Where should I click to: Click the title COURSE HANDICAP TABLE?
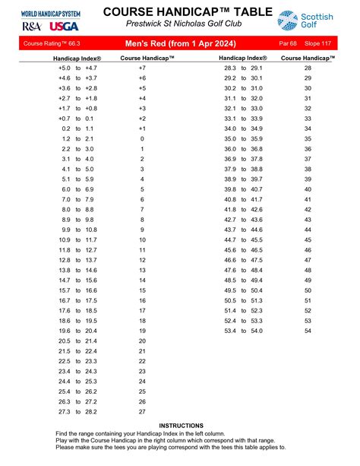click(x=179, y=11)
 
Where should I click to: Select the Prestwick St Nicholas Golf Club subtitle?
click(x=179, y=26)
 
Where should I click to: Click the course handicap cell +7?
click(x=142, y=68)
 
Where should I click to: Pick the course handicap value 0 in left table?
click(x=142, y=140)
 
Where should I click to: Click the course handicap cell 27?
click(x=142, y=411)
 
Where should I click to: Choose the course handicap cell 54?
click(x=308, y=331)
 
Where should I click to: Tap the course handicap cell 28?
click(x=308, y=68)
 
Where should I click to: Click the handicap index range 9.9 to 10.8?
click(x=79, y=230)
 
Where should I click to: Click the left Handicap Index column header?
click(x=79, y=58)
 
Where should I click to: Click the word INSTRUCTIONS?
click(x=181, y=425)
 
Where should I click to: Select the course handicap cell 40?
click(x=308, y=189)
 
